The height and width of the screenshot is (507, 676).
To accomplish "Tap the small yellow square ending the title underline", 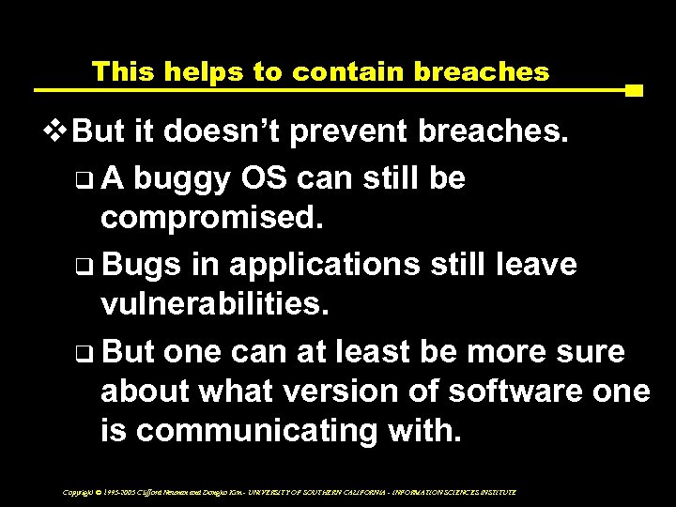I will coord(634,91).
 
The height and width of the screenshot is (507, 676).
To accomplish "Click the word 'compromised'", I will coord(212,220).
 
